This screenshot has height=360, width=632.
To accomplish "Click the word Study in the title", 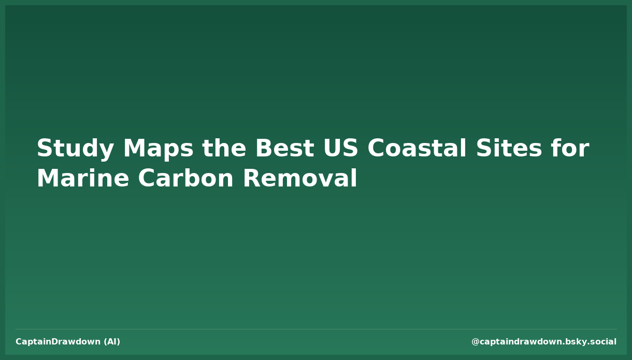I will tap(75, 149).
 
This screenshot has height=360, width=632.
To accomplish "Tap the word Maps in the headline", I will tap(158, 149).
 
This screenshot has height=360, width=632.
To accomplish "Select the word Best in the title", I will tap(284, 149).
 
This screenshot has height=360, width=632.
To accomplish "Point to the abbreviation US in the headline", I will tap(340, 149).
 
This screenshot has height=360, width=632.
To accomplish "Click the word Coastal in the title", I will tap(417, 149).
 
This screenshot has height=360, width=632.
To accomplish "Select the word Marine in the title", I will tap(82, 179).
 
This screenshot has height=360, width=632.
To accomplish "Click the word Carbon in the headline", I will tap(186, 179).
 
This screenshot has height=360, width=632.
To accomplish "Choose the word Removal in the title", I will tap(300, 179).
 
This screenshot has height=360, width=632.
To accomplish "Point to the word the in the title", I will tap(224, 149).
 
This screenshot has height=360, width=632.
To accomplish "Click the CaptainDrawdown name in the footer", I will tap(58, 342).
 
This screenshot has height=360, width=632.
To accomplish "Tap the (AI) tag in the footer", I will tap(112, 342).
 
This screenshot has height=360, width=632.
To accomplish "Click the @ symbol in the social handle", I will tap(475, 342).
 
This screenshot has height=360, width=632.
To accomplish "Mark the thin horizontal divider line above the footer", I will tap(316, 329).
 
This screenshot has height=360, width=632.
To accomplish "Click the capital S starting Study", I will tap(44, 149).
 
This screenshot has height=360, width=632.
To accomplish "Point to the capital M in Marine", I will tap(47, 179).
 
